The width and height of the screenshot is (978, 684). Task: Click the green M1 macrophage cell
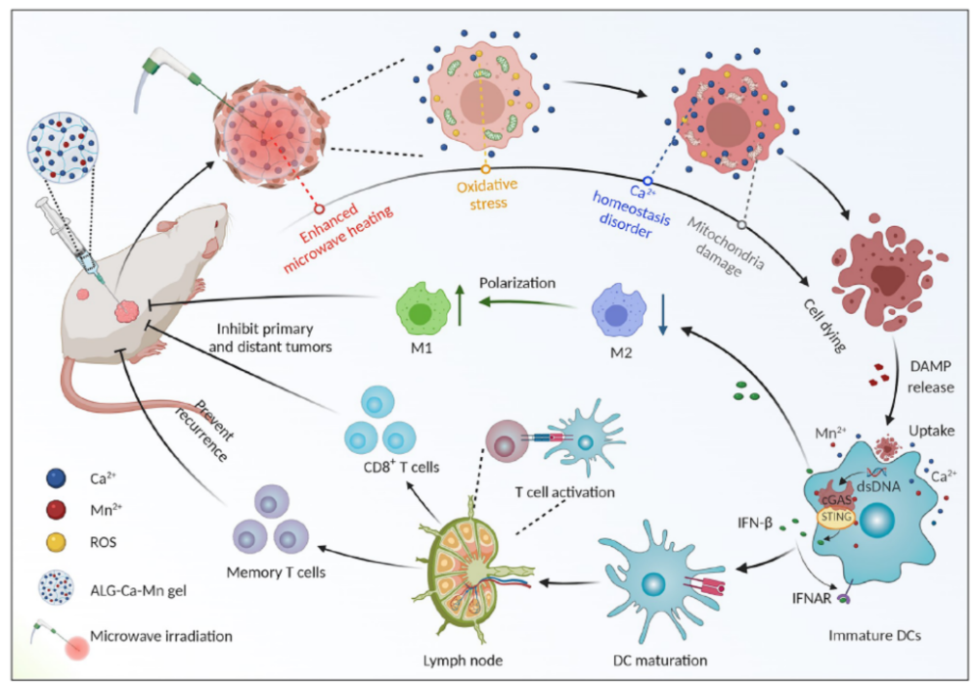(422, 309)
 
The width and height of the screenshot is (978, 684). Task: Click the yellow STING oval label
(836, 518)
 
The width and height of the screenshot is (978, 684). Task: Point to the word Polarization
(517, 283)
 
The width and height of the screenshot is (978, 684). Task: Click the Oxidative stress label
(488, 194)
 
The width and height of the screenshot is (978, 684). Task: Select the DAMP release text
(930, 377)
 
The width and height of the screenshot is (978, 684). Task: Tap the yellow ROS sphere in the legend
(56, 542)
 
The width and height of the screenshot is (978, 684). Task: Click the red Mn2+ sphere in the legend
(56, 509)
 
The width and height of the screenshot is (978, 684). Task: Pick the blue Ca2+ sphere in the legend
(56, 479)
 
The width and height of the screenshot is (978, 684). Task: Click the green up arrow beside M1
(460, 304)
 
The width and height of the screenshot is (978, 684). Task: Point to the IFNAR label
(812, 599)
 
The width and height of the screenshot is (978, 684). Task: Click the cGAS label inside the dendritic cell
(836, 500)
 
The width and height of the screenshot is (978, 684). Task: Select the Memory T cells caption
(276, 572)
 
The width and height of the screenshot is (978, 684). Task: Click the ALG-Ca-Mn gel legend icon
(56, 589)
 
